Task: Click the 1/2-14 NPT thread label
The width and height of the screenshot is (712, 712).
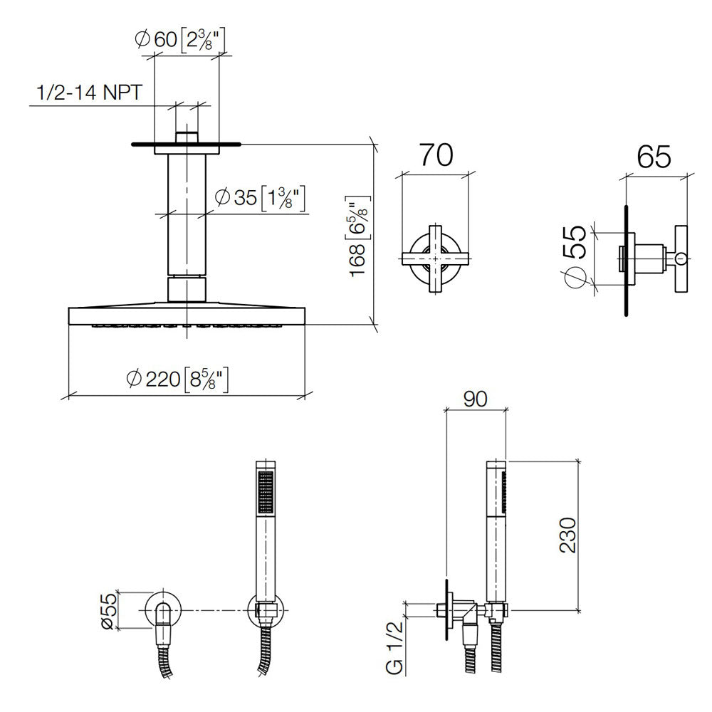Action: (x=89, y=93)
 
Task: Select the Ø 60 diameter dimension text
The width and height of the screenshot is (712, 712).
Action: (x=180, y=39)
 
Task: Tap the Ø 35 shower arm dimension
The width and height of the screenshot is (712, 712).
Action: (x=259, y=198)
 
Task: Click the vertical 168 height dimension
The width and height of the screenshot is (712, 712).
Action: (x=359, y=236)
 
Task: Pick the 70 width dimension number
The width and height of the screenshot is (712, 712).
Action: (x=436, y=155)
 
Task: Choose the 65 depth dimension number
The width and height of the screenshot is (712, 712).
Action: (x=654, y=157)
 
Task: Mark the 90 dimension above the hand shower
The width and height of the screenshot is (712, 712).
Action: (x=476, y=399)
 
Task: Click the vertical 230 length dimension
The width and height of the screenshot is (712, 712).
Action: (x=567, y=535)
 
